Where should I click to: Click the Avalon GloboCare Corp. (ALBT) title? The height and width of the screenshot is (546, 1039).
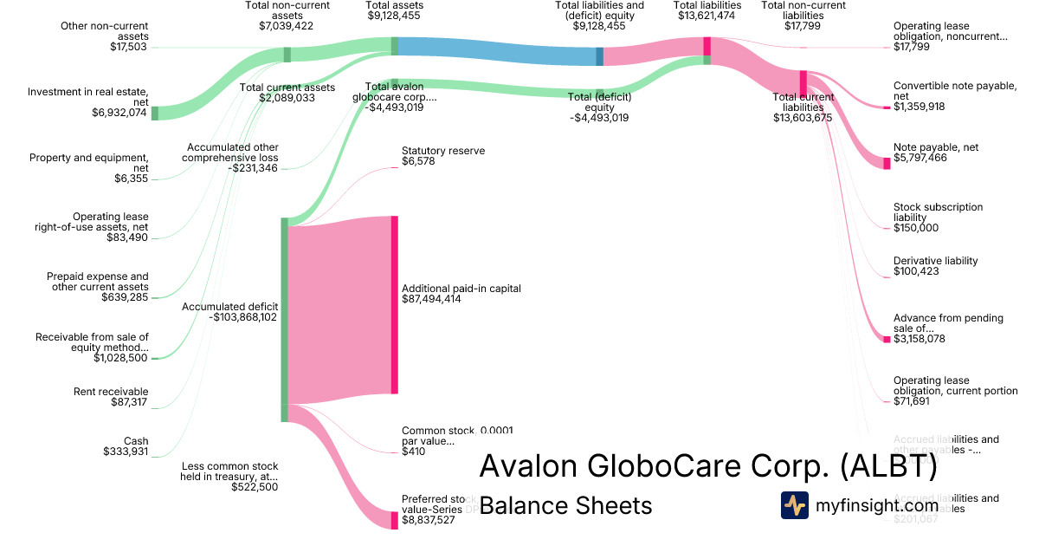pyautogui.click(x=707, y=466)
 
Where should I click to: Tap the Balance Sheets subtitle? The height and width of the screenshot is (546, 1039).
pyautogui.click(x=565, y=505)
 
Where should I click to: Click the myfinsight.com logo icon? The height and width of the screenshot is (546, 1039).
pyautogui.click(x=795, y=505)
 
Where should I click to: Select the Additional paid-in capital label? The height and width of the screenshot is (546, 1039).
pyautogui.click(x=461, y=288)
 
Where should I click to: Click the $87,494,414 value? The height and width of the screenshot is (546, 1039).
pyautogui.click(x=431, y=299)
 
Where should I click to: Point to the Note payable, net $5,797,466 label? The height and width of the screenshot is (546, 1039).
pyautogui.click(x=936, y=153)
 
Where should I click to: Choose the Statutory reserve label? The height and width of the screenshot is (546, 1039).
pyautogui.click(x=443, y=151)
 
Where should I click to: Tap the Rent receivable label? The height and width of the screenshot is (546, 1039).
pyautogui.click(x=111, y=392)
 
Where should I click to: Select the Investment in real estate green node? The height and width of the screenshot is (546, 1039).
pyautogui.click(x=155, y=113)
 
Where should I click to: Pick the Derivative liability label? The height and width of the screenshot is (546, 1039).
pyautogui.click(x=936, y=261)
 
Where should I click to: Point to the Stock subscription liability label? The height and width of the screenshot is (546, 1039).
pyautogui.click(x=939, y=212)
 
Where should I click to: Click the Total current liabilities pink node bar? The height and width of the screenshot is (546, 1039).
pyautogui.click(x=803, y=82)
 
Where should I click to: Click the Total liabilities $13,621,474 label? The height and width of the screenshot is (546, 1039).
pyautogui.click(x=708, y=10)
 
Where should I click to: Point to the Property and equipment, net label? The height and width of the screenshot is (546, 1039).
pyautogui.click(x=89, y=163)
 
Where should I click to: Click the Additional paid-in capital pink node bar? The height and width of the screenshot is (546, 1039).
pyautogui.click(x=395, y=305)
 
